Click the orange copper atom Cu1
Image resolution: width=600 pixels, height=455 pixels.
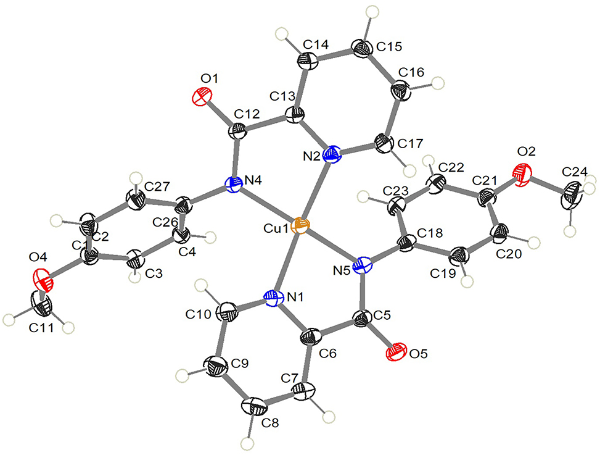coord(299,225)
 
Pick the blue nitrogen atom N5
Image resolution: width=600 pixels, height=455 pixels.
coord(364,267)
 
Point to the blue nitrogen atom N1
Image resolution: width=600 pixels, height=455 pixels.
coord(273,299)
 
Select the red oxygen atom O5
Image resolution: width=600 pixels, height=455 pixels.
coord(394,353)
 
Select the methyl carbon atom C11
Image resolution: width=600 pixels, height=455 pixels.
coord(44,306)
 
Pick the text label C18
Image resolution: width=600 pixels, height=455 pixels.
coord(430,230)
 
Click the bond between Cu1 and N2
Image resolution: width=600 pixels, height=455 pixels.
coord(316,188)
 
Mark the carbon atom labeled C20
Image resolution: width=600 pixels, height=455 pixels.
coord(499,236)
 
